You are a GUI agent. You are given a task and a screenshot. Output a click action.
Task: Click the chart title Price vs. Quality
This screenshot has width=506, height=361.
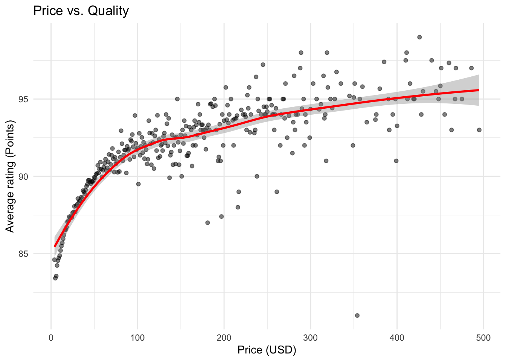point(81,11)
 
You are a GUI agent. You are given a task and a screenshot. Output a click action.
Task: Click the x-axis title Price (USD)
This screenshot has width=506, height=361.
point(267,350)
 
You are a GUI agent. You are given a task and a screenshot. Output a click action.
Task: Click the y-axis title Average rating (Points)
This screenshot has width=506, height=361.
point(10,176)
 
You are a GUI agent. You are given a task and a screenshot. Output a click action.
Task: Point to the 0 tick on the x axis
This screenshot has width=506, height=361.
point(51,338)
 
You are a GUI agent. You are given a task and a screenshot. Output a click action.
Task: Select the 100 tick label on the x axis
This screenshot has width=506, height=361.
point(137,338)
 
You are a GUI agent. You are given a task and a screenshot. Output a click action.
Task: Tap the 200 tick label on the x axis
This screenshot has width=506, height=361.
point(224,338)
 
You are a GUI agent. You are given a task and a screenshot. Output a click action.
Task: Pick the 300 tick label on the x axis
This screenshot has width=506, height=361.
point(311,338)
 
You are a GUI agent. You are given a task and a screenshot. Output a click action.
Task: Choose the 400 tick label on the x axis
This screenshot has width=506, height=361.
point(397,338)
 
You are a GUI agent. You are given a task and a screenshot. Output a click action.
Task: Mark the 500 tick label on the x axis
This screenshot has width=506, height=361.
point(483,338)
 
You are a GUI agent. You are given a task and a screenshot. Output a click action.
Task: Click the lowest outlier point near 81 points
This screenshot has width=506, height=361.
point(357,315)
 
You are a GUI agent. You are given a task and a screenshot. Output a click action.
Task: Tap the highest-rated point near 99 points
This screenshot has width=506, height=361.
point(419,37)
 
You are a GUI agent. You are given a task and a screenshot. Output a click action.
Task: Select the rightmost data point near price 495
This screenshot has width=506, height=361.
point(479,130)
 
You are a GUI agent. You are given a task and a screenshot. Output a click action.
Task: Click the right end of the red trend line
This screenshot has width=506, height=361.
point(479,90)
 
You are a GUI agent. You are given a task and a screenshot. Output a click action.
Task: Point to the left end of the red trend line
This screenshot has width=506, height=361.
point(55,246)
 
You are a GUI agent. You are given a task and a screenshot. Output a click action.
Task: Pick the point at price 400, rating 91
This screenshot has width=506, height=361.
point(396,161)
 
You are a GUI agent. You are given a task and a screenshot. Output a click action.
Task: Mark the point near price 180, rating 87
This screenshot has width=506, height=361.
point(207,223)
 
